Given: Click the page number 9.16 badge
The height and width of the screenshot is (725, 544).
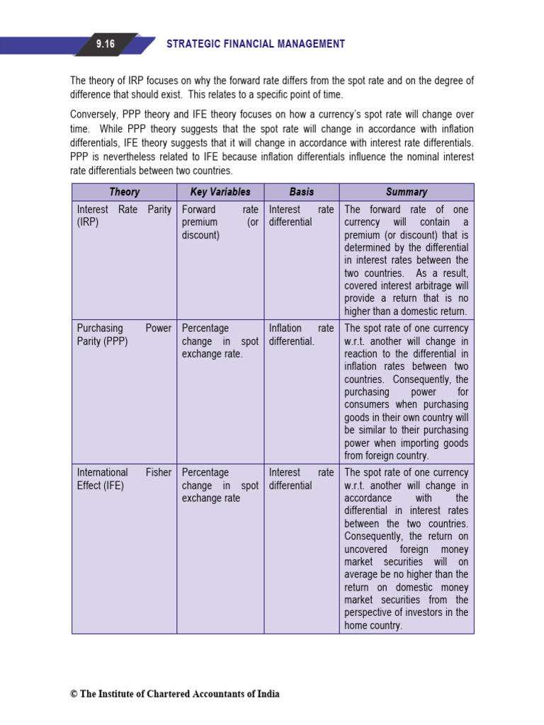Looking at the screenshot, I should click(x=105, y=44).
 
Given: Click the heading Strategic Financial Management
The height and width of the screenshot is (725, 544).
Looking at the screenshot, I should click(x=256, y=44).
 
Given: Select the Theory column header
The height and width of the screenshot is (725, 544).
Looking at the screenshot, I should click(x=125, y=192).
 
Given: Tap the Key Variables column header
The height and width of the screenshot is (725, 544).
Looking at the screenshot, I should click(x=220, y=192).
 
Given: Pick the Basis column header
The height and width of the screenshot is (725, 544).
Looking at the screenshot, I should click(x=302, y=192).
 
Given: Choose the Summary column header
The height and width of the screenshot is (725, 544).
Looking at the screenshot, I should click(x=407, y=192).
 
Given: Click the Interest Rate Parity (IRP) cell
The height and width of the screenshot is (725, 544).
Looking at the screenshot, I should click(x=124, y=216).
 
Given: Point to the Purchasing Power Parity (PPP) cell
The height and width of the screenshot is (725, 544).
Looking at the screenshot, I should click(x=124, y=335).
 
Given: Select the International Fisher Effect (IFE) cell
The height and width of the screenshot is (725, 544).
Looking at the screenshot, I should click(x=124, y=479).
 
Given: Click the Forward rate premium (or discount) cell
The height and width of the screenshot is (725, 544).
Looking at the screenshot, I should click(x=220, y=222).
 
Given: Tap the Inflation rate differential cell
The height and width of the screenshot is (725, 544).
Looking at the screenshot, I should click(x=301, y=335).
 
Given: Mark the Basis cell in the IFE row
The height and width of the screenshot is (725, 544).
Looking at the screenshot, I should click(x=301, y=479).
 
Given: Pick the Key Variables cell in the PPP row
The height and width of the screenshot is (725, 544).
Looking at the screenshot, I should click(x=220, y=341).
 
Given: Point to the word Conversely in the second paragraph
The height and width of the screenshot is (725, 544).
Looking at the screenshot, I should click(x=94, y=115).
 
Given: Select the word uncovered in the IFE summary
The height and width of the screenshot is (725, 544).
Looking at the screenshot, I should click(x=365, y=549).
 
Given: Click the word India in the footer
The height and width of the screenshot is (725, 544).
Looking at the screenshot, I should click(x=268, y=694).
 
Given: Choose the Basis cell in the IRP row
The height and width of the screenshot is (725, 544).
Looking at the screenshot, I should click(x=301, y=216).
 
